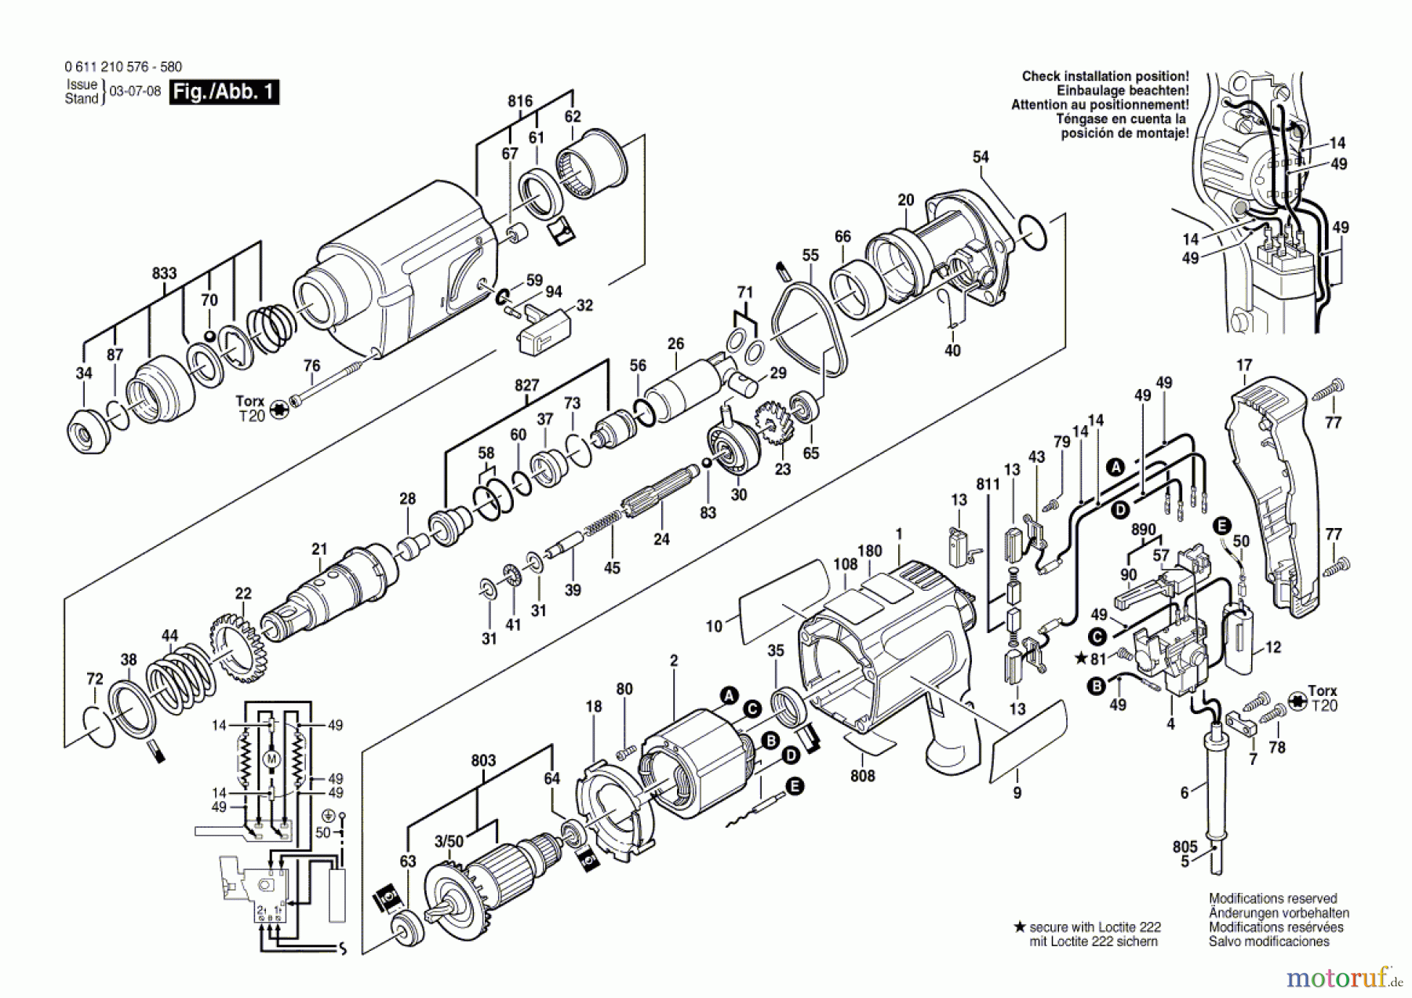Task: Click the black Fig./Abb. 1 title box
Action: (224, 92)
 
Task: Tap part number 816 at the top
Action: (520, 101)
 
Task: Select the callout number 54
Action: (981, 157)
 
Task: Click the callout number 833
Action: (164, 274)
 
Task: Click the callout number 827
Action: (526, 385)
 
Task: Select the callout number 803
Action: (483, 760)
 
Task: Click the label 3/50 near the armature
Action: (449, 842)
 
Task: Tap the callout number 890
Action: (1143, 530)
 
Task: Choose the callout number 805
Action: (1185, 847)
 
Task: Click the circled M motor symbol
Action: (271, 759)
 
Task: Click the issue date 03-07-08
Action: (135, 91)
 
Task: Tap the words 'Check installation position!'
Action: (1105, 76)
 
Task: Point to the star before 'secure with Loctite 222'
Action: (1020, 927)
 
